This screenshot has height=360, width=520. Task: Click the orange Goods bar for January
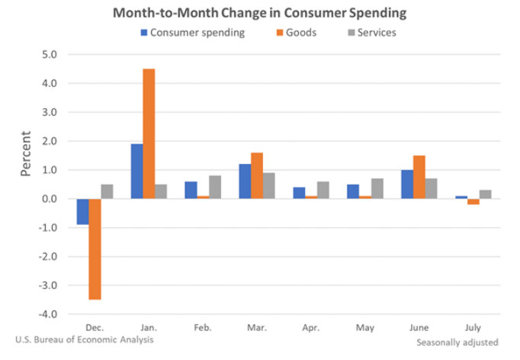click(x=149, y=133)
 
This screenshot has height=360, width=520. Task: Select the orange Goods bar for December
click(x=95, y=249)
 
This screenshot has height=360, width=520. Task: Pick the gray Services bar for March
click(x=269, y=185)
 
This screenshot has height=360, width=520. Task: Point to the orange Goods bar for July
click(x=473, y=201)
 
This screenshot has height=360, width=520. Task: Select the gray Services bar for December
click(x=107, y=191)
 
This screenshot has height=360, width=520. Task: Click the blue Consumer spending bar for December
click(x=82, y=211)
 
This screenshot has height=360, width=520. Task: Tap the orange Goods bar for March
click(x=257, y=175)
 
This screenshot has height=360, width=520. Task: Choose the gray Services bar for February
click(x=215, y=187)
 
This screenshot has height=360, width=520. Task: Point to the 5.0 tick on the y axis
click(x=49, y=55)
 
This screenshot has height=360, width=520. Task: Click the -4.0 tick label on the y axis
click(x=47, y=314)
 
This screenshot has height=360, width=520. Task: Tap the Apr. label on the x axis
click(x=311, y=328)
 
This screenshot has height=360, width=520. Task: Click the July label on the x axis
click(x=473, y=328)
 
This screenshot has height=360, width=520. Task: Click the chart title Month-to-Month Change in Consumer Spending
click(x=259, y=13)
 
